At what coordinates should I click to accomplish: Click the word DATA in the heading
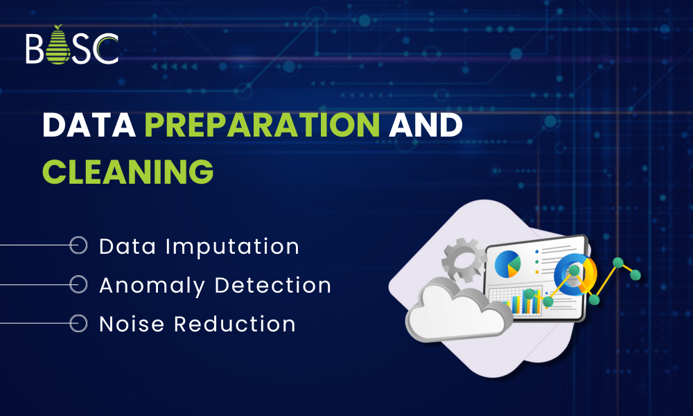[x=89, y=125]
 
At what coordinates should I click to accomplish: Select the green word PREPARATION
[x=262, y=125]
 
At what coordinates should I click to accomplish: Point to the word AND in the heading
[x=425, y=125]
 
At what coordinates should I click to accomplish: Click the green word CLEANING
[x=128, y=170]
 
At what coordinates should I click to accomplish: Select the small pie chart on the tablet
[x=507, y=264]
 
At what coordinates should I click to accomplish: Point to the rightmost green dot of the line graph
[x=635, y=275]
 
